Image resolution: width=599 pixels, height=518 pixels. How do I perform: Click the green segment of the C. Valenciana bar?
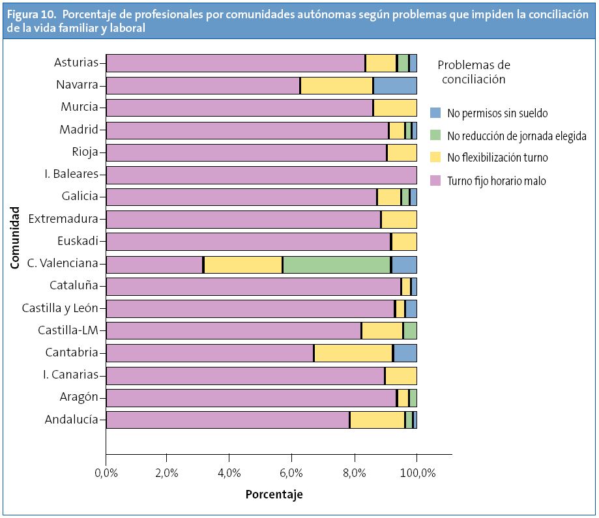click(x=336, y=265)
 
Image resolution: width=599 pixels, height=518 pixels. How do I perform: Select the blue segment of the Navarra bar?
click(x=395, y=85)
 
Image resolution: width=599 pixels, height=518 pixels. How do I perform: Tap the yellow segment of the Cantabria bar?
click(x=353, y=353)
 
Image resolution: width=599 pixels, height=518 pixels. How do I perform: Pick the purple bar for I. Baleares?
click(x=261, y=175)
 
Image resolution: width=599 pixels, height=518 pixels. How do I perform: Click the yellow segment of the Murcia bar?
click(x=395, y=108)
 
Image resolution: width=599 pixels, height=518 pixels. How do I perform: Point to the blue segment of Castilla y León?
click(x=411, y=309)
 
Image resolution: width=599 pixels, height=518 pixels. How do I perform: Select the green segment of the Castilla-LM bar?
click(x=411, y=331)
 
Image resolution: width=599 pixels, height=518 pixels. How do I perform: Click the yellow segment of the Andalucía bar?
click(x=377, y=420)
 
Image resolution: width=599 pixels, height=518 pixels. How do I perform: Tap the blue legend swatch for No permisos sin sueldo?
click(x=436, y=113)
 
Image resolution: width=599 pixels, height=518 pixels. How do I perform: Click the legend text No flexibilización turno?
click(x=497, y=158)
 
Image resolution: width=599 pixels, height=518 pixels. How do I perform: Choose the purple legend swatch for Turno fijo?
click(x=436, y=180)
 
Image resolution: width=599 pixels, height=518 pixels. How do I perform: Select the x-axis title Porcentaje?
click(x=274, y=495)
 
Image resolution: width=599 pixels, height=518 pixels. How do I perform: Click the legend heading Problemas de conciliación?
click(x=474, y=72)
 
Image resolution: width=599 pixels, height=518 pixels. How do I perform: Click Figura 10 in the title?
click(x=32, y=16)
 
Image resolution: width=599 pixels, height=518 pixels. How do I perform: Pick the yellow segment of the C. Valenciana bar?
click(x=243, y=265)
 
